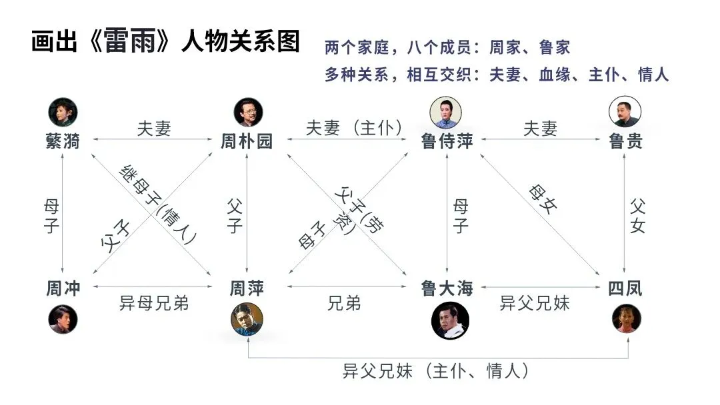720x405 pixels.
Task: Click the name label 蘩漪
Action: click(63, 141)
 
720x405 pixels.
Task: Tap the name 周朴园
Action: click(247, 141)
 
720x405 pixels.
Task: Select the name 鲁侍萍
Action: click(447, 141)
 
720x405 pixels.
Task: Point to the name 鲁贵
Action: click(625, 141)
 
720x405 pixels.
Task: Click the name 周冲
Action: click(63, 288)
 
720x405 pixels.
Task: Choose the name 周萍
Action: click(247, 288)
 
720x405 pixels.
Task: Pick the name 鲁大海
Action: click(447, 288)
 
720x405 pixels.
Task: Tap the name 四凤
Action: click(625, 288)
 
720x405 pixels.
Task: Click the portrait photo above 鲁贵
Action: click(625, 111)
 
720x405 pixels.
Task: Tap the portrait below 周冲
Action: click(63, 318)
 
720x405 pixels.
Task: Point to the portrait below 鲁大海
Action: click(447, 320)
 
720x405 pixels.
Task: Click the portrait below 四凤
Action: click(626, 318)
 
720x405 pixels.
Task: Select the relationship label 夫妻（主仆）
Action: click(354, 128)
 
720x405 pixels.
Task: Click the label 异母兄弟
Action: click(154, 304)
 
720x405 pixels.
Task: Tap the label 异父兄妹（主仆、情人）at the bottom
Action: click(437, 370)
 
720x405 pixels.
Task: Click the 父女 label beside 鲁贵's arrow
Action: click(637, 214)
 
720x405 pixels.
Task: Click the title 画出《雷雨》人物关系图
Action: click(165, 41)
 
